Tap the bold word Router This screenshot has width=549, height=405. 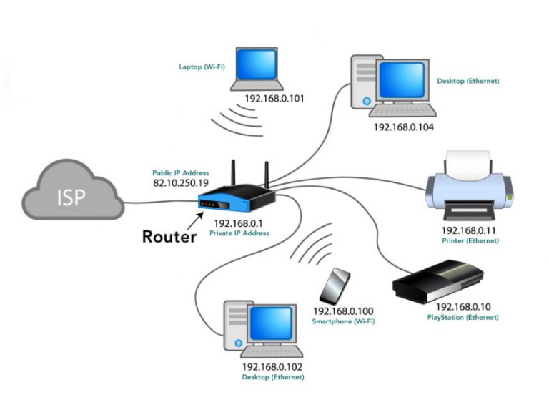tap(169, 236)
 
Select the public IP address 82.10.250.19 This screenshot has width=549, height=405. tap(180, 184)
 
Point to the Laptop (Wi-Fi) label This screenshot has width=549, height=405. tap(200, 67)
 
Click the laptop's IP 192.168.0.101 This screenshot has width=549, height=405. tap(274, 98)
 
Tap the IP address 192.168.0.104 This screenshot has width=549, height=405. tap(404, 127)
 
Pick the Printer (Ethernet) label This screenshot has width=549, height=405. tap(469, 241)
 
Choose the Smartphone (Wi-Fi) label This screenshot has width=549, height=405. tap(344, 322)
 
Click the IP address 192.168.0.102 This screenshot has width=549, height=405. tap(272, 366)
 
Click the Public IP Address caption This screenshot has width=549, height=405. tap(180, 172)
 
